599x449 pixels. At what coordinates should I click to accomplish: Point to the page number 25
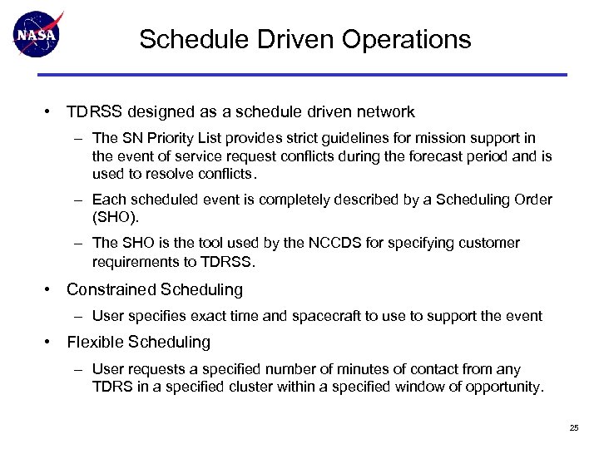pyautogui.click(x=574, y=427)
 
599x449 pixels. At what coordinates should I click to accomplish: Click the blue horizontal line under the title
pyautogui.click(x=299, y=75)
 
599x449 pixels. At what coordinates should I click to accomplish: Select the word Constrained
pyautogui.click(x=112, y=290)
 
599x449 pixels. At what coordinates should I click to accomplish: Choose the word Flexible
pyautogui.click(x=94, y=343)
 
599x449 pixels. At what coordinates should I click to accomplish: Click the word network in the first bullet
pyautogui.click(x=385, y=111)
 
